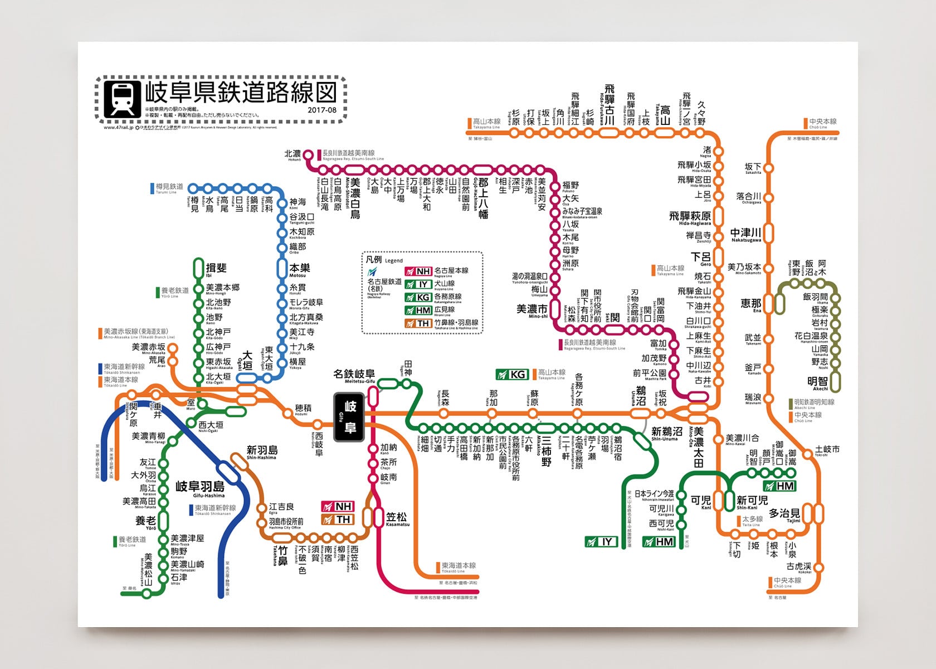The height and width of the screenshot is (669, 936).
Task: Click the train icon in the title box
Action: (x=122, y=98)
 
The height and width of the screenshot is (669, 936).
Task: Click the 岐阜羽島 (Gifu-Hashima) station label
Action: (x=200, y=487)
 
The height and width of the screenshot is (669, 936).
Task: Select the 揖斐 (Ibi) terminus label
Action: (x=216, y=268)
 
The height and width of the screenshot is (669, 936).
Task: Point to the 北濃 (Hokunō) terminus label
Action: (x=293, y=154)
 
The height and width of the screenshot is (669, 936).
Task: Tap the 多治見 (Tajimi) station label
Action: (x=784, y=513)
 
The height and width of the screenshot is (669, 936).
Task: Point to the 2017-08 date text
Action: (x=322, y=110)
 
